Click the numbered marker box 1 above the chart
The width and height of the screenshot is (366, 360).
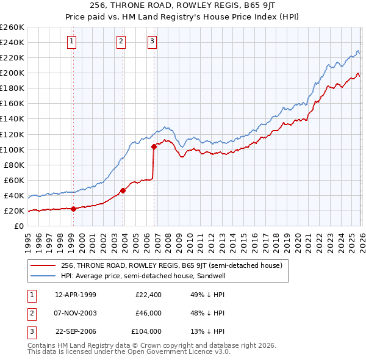tap(73, 41)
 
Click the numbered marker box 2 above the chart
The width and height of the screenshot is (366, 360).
tap(121, 41)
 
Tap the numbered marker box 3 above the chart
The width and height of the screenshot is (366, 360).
tap(152, 41)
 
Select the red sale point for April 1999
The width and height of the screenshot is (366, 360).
tap(73, 209)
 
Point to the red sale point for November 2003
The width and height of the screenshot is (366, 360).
tap(123, 190)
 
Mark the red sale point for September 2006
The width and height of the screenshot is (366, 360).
tap(154, 146)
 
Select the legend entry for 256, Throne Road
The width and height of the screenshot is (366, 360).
tap(171, 265)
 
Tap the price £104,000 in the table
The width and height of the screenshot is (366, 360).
tap(146, 331)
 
